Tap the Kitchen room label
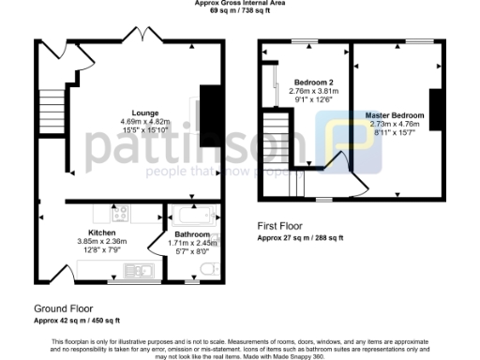(101, 232)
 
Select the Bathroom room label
(191, 233)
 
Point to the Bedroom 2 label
(307, 82)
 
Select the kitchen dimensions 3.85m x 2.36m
(101, 240)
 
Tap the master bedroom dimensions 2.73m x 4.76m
(394, 124)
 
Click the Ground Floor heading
(63, 307)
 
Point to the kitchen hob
(120, 212)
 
